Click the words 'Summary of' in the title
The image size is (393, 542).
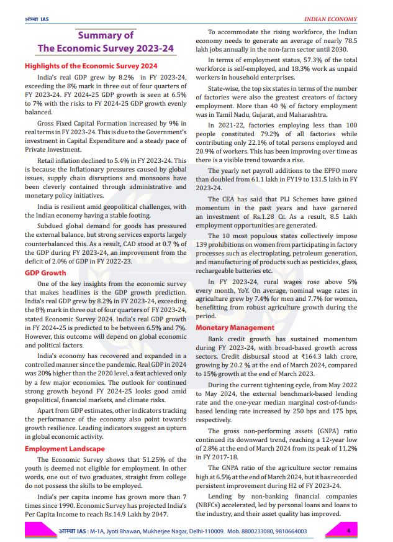pos(105,35)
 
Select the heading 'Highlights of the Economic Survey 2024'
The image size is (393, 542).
pos(91,65)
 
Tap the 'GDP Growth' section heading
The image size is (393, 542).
pos(45,272)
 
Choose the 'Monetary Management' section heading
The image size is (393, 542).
pos(235,327)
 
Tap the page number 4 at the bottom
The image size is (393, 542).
pos(349,530)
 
